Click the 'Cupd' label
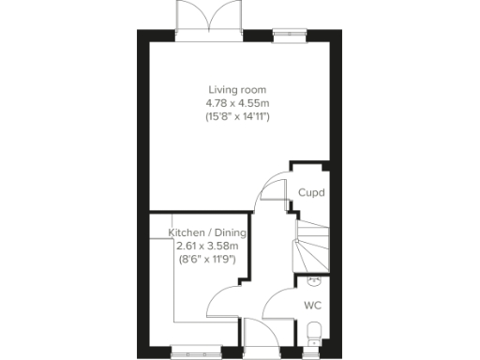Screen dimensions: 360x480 (311, 193)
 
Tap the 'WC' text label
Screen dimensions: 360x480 (313, 305)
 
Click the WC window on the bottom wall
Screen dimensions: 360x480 (316, 351)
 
